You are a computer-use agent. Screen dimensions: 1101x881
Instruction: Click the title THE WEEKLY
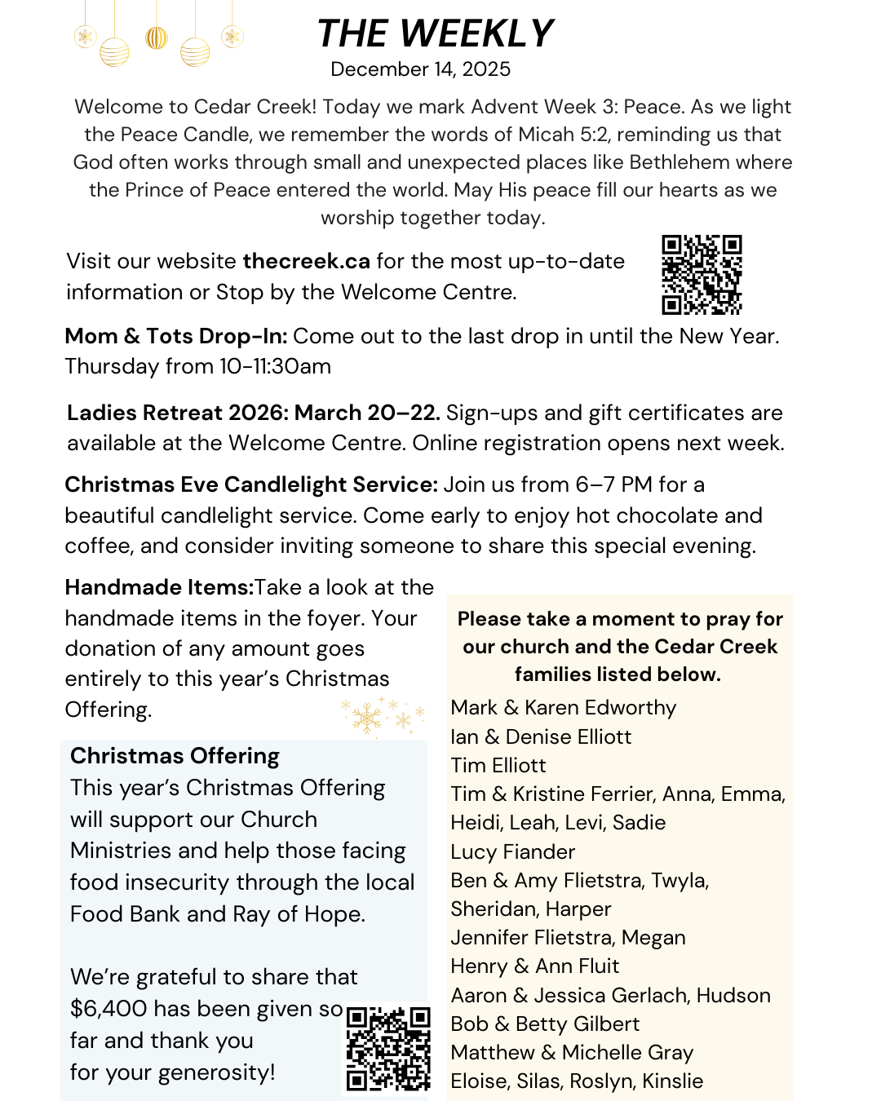pos(435,34)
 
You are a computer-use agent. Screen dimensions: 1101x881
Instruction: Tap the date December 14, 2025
pos(420,69)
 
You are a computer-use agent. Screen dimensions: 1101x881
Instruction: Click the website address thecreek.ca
pos(306,261)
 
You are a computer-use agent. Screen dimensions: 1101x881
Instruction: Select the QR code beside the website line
pos(702,275)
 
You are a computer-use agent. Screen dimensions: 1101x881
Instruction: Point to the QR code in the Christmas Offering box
pos(388,1048)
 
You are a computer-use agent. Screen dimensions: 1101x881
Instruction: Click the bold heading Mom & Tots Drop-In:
pos(175,336)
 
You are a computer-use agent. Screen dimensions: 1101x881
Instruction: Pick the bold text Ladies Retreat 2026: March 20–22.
pos(253,413)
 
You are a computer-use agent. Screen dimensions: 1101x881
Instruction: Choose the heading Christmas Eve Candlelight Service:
pos(251,484)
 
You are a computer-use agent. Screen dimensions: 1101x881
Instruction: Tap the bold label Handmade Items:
pos(159,587)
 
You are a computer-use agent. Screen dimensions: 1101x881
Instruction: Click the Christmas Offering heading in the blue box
pos(175,756)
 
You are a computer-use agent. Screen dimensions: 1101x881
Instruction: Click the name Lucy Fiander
pos(512,852)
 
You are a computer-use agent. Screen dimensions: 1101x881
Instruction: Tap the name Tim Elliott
pos(498,766)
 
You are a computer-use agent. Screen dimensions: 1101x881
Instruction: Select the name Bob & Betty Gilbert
pos(544,1024)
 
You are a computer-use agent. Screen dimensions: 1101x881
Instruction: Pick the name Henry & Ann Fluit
pos(534,966)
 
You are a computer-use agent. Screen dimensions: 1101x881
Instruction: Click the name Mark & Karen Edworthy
pos(563,708)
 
